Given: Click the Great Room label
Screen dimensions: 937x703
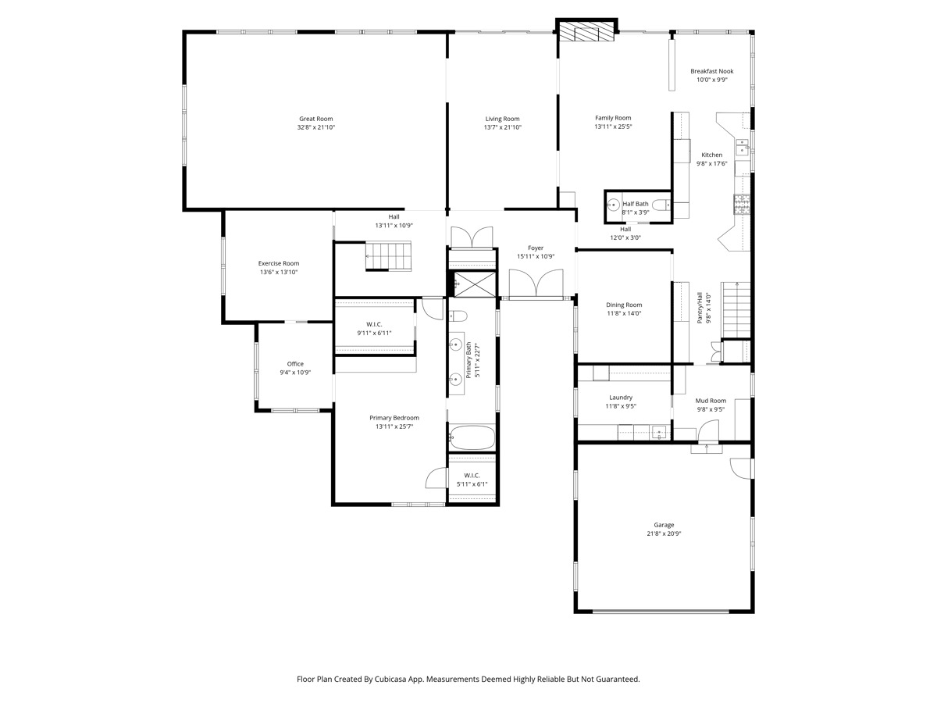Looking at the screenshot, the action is (316, 119).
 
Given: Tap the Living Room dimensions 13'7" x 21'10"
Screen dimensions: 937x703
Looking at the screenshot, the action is (502, 127).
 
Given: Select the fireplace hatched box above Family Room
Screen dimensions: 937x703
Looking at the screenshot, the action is (586, 32).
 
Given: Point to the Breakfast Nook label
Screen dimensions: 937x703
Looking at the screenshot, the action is (712, 71).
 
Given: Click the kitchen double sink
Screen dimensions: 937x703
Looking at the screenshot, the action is (743, 146).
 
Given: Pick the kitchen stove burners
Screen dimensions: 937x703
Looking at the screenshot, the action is (742, 204).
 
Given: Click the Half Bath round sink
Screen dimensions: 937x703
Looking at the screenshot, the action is (614, 205).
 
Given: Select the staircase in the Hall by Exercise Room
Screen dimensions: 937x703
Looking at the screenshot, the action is (388, 256).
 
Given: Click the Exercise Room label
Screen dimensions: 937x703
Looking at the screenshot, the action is (279, 263).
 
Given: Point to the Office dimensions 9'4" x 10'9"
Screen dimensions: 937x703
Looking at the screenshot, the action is (295, 373).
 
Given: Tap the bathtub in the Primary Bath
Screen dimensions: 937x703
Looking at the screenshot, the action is (472, 437).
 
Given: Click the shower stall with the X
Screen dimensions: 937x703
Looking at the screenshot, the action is (475, 284).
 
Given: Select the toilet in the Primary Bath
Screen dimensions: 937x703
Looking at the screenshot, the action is (458, 316).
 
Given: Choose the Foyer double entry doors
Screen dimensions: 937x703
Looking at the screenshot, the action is (536, 283).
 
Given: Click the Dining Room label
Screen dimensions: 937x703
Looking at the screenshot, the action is (624, 305).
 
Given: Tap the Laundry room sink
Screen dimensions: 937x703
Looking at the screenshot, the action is (659, 433).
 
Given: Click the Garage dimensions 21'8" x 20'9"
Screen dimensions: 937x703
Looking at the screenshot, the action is (664, 533).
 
